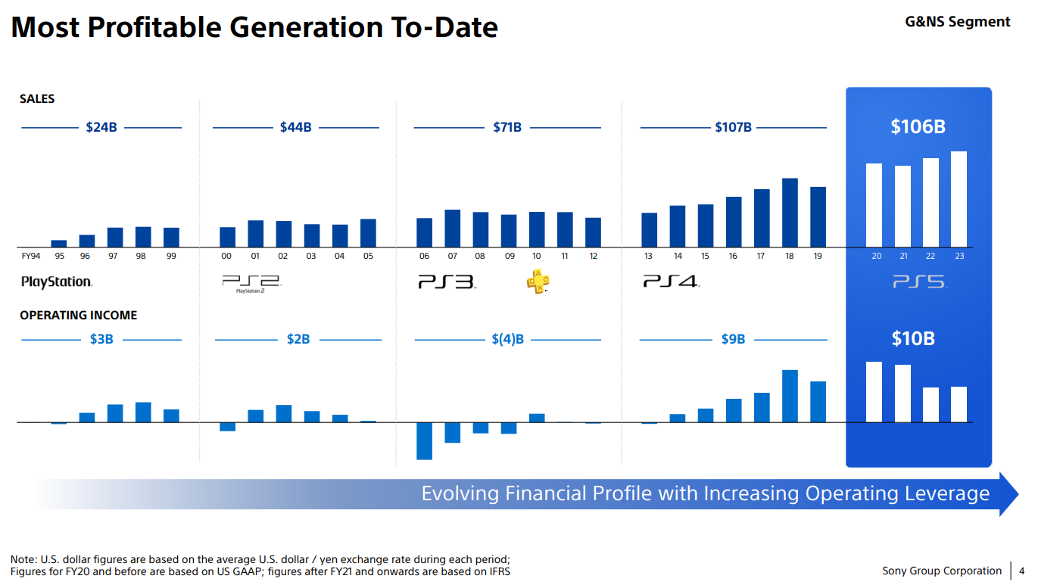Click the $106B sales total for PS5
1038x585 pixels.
pos(918,127)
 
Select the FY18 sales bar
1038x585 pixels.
pos(790,212)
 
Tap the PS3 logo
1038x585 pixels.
pos(447,282)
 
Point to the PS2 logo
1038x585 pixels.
pos(251,283)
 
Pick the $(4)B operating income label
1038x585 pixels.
pos(507,339)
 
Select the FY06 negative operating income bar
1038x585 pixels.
pos(424,440)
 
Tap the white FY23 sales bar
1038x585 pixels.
pos(959,199)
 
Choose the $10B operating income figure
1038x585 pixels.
pos(912,338)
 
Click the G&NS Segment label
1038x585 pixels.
pos(957,22)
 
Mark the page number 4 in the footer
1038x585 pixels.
pos(1021,571)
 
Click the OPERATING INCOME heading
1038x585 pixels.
pos(79,316)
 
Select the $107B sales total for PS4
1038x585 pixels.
pos(733,127)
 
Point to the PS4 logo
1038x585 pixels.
pos(671,282)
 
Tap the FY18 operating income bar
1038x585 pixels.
pos(790,396)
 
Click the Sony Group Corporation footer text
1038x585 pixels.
pos(941,571)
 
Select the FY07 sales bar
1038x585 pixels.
pos(452,228)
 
